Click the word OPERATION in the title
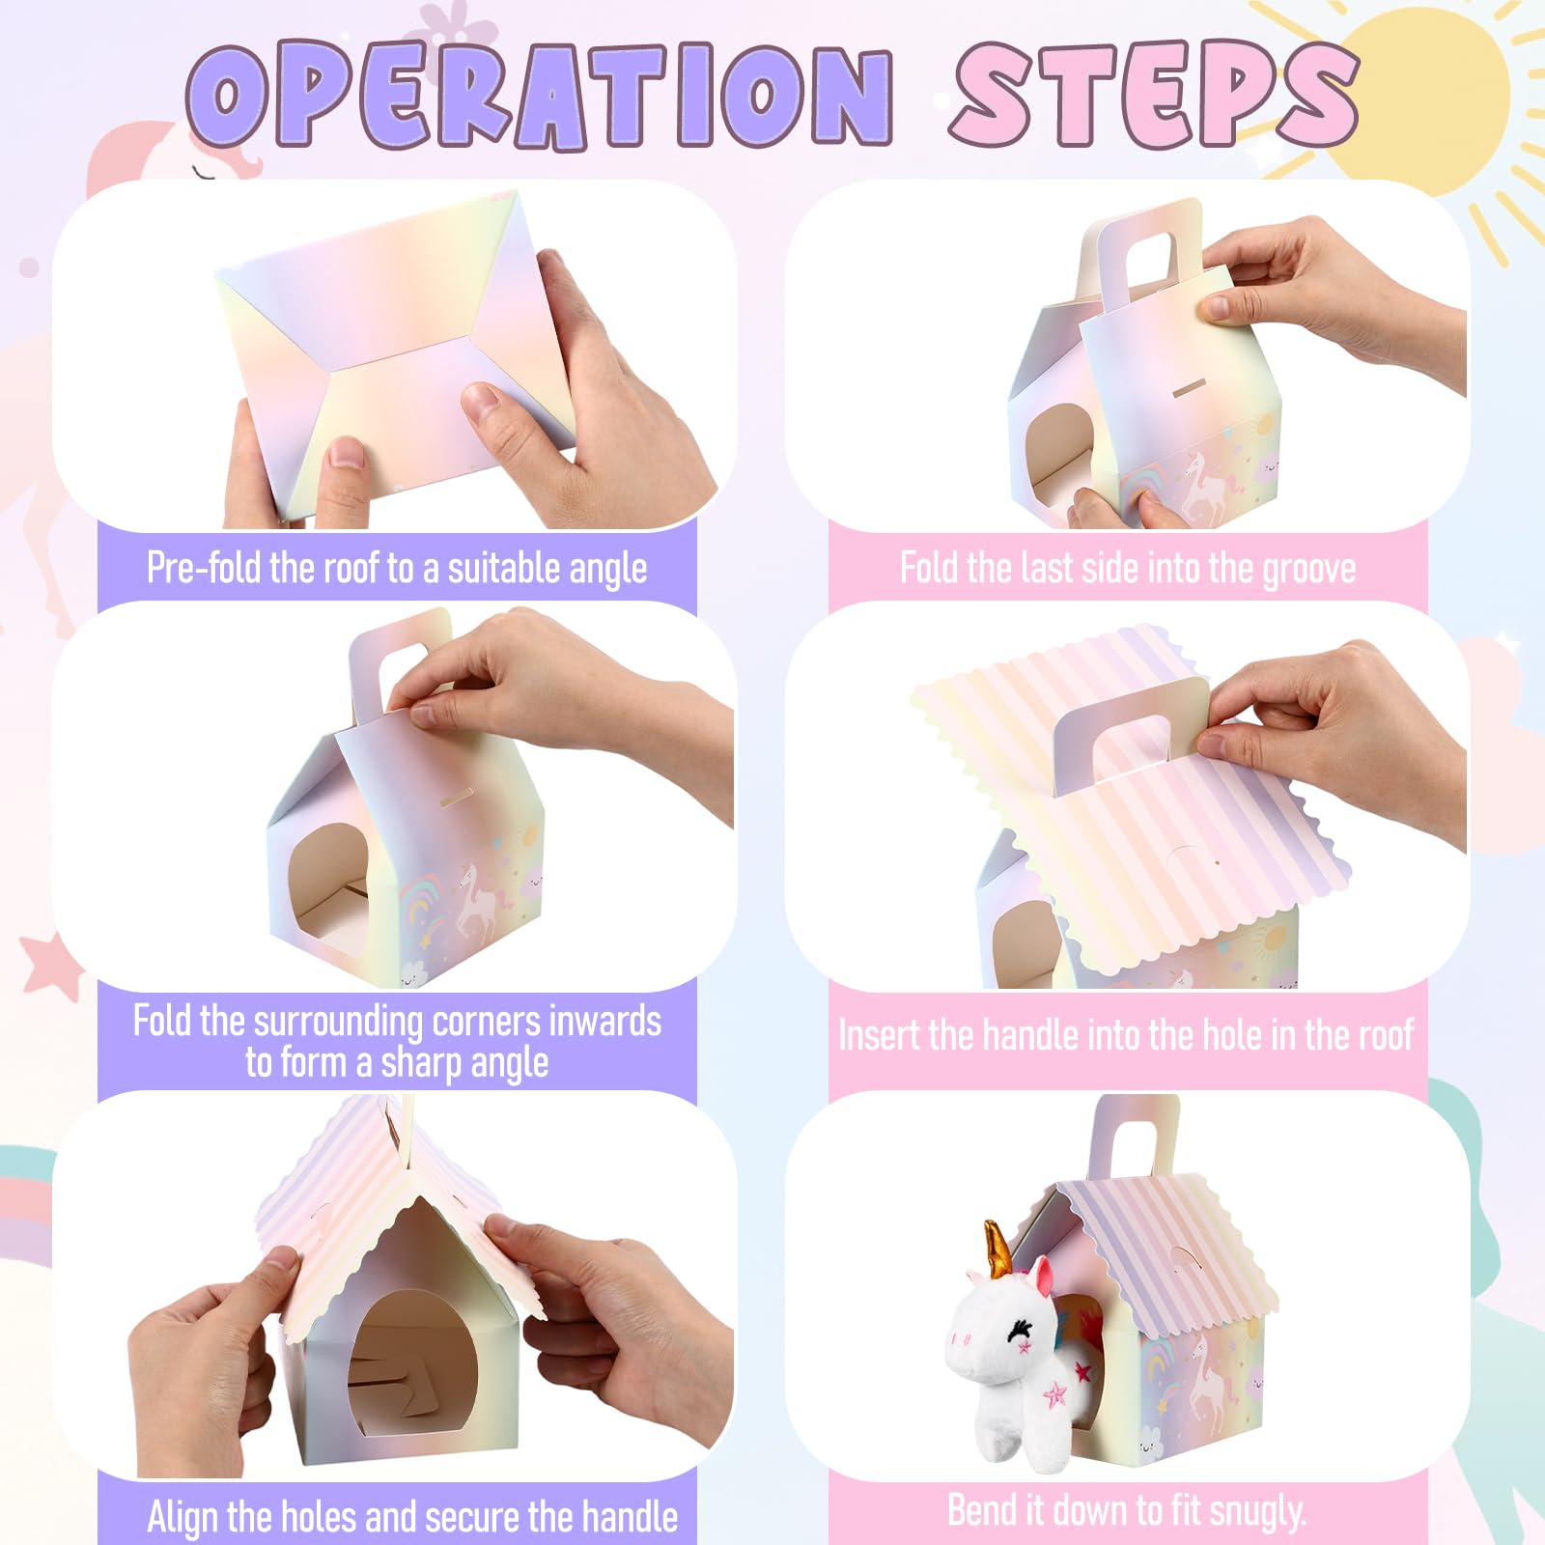(540, 95)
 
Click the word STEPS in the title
(1155, 93)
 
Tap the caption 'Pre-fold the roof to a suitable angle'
(397, 568)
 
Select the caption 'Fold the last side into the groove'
(1128, 568)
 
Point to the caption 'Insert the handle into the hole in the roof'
(1126, 1035)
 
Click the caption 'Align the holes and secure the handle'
(412, 1516)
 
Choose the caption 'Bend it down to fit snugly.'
(1127, 1510)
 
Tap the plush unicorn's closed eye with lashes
(1018, 1332)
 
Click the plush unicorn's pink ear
(1044, 1276)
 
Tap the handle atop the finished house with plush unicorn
(1135, 1138)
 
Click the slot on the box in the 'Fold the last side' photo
(1188, 392)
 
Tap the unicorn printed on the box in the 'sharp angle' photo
(476, 900)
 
